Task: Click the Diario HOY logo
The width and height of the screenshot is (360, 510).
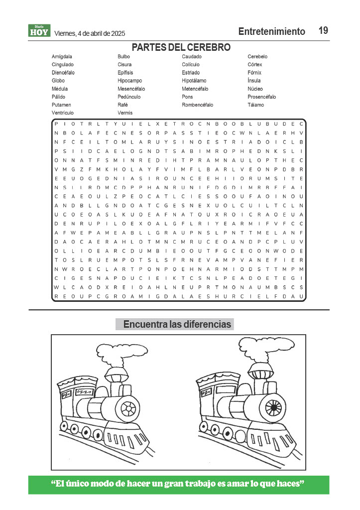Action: (39, 31)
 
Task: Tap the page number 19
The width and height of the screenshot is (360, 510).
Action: (323, 30)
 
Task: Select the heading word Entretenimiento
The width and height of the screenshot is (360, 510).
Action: (271, 31)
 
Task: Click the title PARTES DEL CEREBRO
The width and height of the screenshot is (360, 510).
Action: (181, 47)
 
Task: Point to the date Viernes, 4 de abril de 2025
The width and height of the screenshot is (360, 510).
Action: (90, 33)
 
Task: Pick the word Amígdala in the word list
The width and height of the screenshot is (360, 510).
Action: (62, 57)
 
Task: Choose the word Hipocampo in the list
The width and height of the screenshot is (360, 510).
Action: (129, 81)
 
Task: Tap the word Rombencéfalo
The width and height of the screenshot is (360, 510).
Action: (197, 105)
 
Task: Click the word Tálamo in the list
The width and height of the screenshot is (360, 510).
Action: (255, 105)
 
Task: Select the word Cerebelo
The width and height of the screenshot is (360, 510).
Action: (257, 57)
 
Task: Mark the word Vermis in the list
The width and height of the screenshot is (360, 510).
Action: (125, 113)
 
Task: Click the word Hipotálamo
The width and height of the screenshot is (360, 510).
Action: (194, 81)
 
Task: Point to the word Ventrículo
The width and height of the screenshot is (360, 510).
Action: (63, 113)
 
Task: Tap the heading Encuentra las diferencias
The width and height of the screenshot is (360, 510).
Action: (177, 325)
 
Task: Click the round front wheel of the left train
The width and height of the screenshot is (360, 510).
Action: (128, 408)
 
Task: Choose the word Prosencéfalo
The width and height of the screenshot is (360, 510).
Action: (261, 97)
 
